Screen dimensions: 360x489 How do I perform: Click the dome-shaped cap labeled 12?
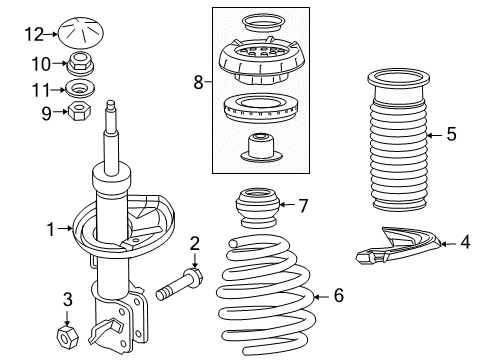(x=77, y=32)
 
